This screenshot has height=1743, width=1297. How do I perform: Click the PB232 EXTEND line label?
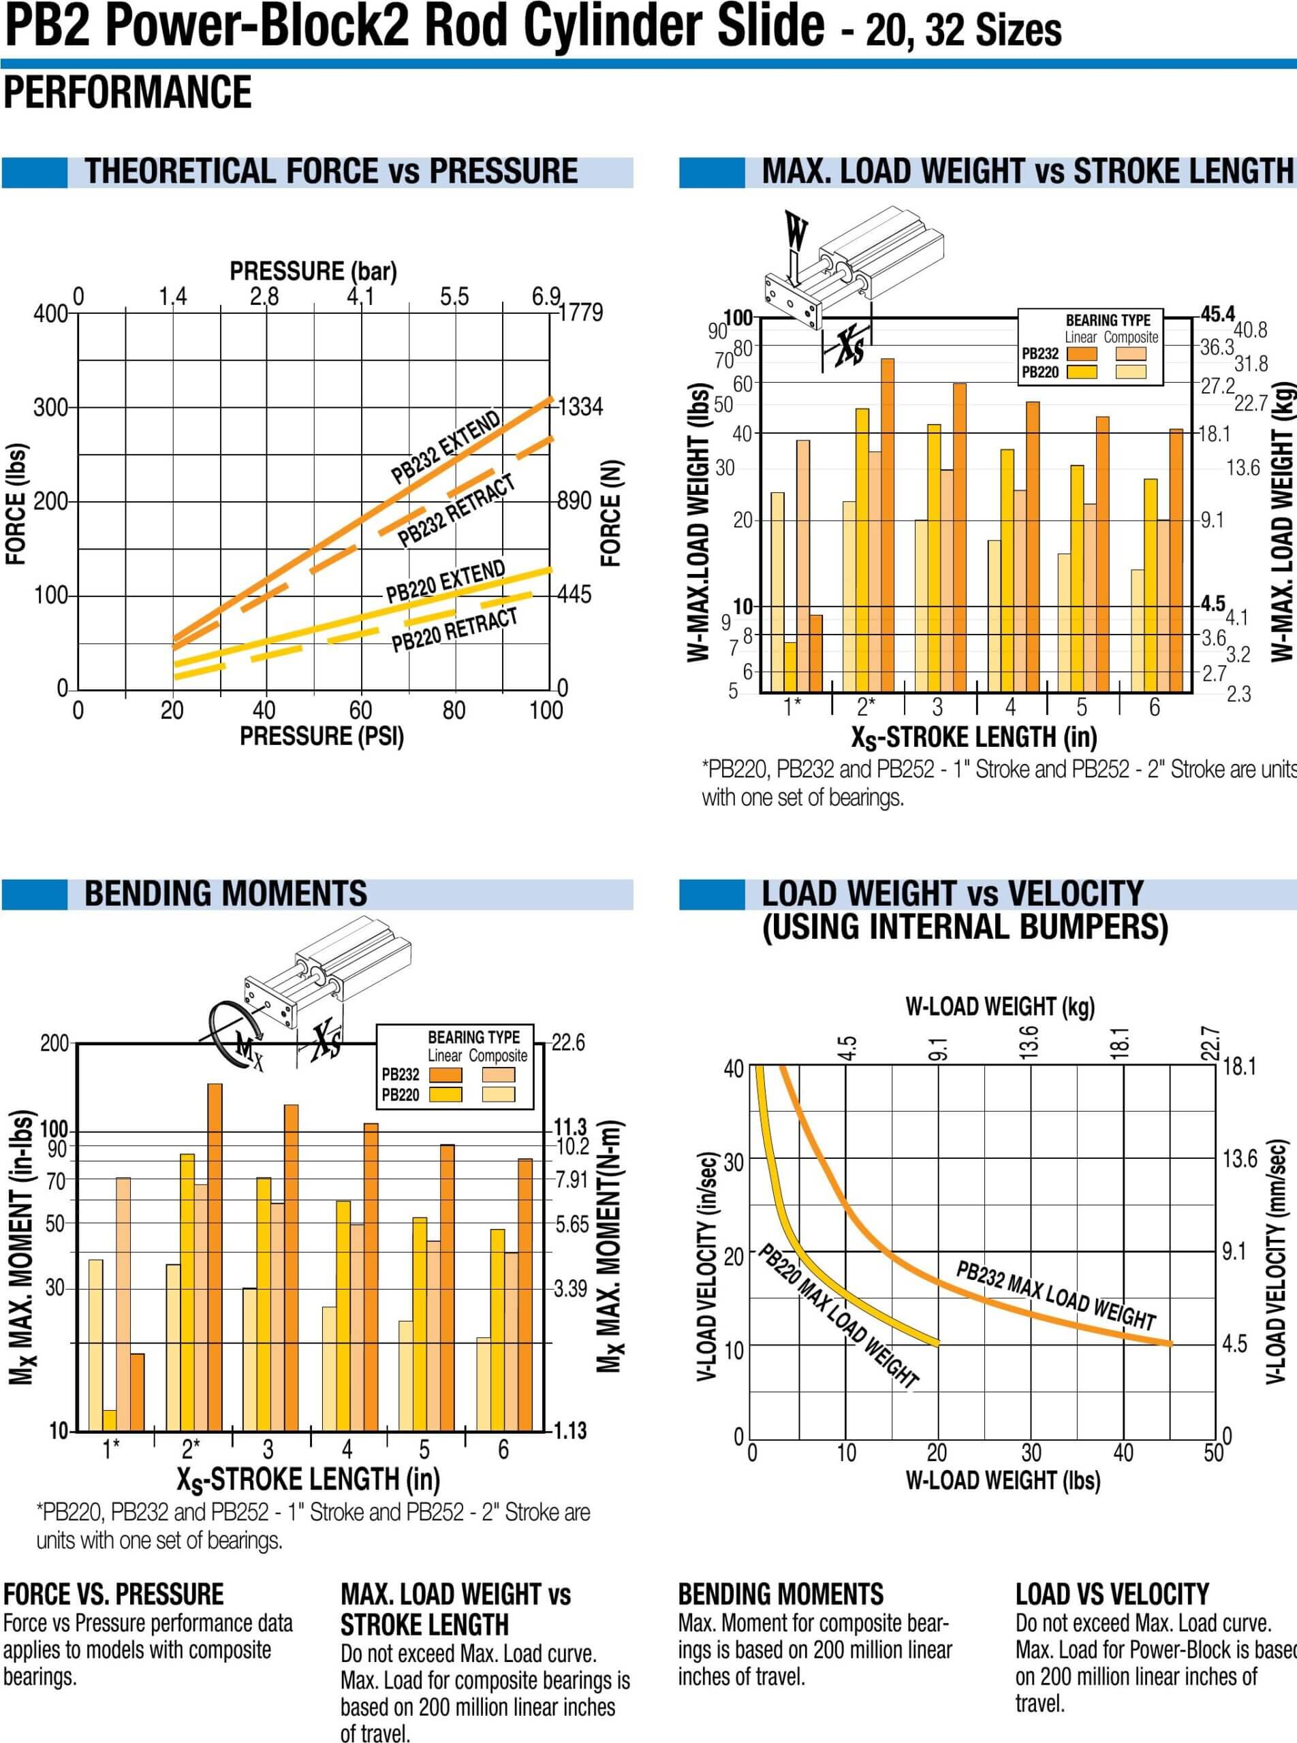pos(445,447)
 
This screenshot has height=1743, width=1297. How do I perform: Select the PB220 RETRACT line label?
pos(454,630)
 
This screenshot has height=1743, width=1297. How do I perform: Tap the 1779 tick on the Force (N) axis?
pos(581,313)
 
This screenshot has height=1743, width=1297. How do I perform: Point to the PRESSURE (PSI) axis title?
pos(322,736)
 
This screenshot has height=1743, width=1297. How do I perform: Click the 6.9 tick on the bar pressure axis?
pos(546,297)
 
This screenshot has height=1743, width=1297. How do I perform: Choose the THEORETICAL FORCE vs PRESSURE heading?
pos(331,171)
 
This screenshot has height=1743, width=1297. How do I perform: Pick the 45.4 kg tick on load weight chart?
pos(1218,314)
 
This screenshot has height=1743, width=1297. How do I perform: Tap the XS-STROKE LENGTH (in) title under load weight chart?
pos(973,737)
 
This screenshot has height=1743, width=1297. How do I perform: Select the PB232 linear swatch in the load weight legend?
pos(1082,354)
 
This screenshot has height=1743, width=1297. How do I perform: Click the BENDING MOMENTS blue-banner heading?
pos(225,894)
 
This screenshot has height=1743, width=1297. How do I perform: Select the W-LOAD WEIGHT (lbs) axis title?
pos(1003,1480)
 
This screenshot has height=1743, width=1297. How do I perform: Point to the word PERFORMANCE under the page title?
pos(128,92)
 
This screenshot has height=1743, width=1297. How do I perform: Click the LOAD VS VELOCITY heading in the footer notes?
pos(1112,1594)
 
